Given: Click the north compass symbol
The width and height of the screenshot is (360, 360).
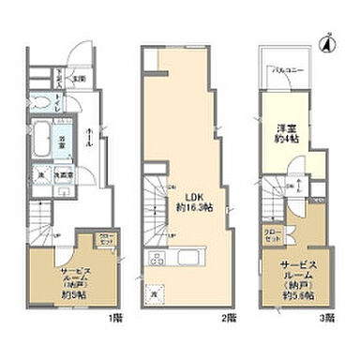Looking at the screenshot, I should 327,42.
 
